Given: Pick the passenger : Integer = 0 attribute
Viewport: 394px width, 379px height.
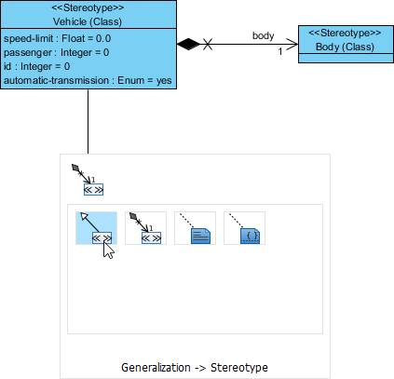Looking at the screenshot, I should (56, 52).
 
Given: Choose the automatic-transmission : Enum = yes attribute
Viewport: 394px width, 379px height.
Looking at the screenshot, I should (87, 81).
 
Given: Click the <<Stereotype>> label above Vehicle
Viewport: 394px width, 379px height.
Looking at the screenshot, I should (88, 7).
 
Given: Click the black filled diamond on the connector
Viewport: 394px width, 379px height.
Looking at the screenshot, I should (189, 43).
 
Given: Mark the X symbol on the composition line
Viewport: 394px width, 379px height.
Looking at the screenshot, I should (209, 44).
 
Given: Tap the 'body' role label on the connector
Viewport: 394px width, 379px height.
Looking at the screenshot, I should (264, 35).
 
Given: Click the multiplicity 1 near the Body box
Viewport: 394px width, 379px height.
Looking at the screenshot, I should (279, 52).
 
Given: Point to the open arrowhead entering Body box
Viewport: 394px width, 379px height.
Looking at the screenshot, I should (292, 44).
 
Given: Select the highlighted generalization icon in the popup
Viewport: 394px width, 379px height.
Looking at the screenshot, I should (96, 228).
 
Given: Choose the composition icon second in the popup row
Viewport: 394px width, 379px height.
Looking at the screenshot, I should (145, 228).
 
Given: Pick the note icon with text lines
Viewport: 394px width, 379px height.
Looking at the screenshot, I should (196, 228).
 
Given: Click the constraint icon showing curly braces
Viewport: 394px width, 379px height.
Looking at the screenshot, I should (244, 228).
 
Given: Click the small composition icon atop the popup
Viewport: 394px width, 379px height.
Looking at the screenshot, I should (87, 180).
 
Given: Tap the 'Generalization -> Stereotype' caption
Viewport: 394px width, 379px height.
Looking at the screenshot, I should (195, 367).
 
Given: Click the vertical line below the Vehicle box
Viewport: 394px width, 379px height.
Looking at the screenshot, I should (88, 121).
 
